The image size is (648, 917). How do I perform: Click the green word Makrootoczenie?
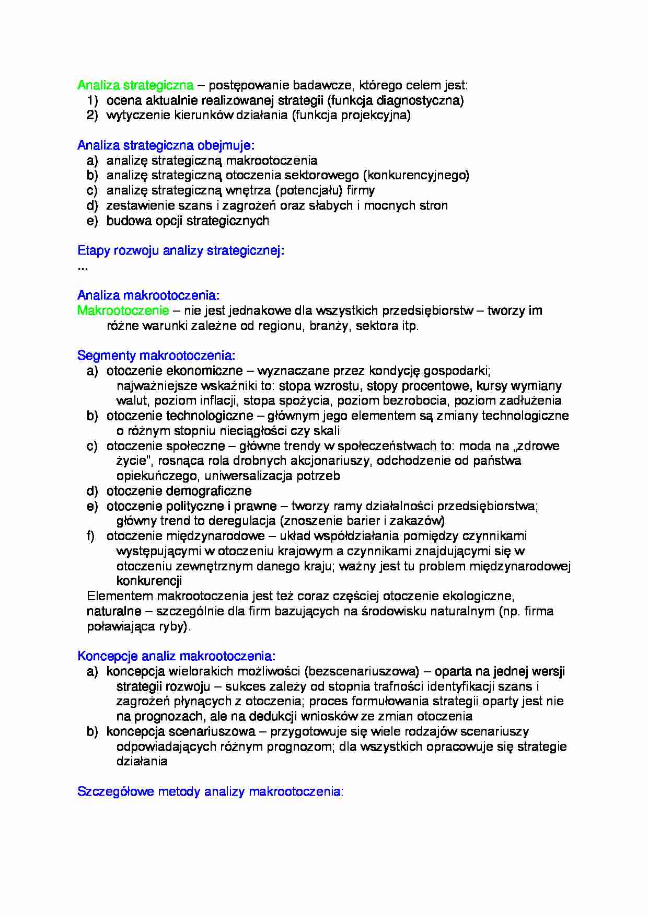pos(123,311)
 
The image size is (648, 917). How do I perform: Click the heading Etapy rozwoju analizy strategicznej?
pos(180,250)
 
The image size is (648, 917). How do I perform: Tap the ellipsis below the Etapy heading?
pos(83,267)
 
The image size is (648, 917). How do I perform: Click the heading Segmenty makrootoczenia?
pos(156,356)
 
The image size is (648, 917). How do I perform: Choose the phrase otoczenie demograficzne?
pos(179,491)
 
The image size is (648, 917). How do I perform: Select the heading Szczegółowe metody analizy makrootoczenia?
pos(210,792)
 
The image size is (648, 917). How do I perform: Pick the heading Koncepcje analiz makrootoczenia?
pos(176,656)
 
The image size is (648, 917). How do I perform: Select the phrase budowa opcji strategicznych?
pos(188,221)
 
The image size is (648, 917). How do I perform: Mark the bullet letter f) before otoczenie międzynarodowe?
pos(91,536)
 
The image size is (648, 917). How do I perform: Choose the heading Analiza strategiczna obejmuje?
pos(166,145)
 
